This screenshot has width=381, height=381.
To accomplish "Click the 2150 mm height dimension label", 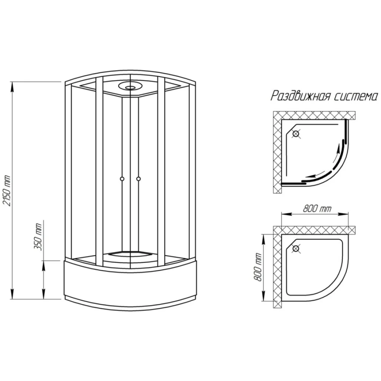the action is point(7,190).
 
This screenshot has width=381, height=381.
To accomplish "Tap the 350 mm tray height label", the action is point(38,237).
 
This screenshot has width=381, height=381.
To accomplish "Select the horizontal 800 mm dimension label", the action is point(317,208).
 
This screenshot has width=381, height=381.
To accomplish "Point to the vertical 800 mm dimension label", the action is point(258,267).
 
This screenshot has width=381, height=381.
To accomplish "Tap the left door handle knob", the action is point(122,179).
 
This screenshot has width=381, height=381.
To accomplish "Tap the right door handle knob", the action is point(139,179).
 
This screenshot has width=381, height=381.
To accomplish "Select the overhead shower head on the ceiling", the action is point(130,86).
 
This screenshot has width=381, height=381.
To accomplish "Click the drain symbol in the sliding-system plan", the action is point(296,134).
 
